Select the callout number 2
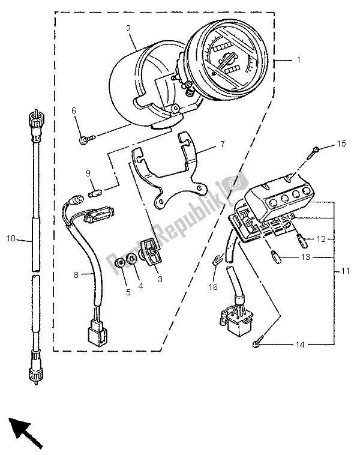tap(128, 29)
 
